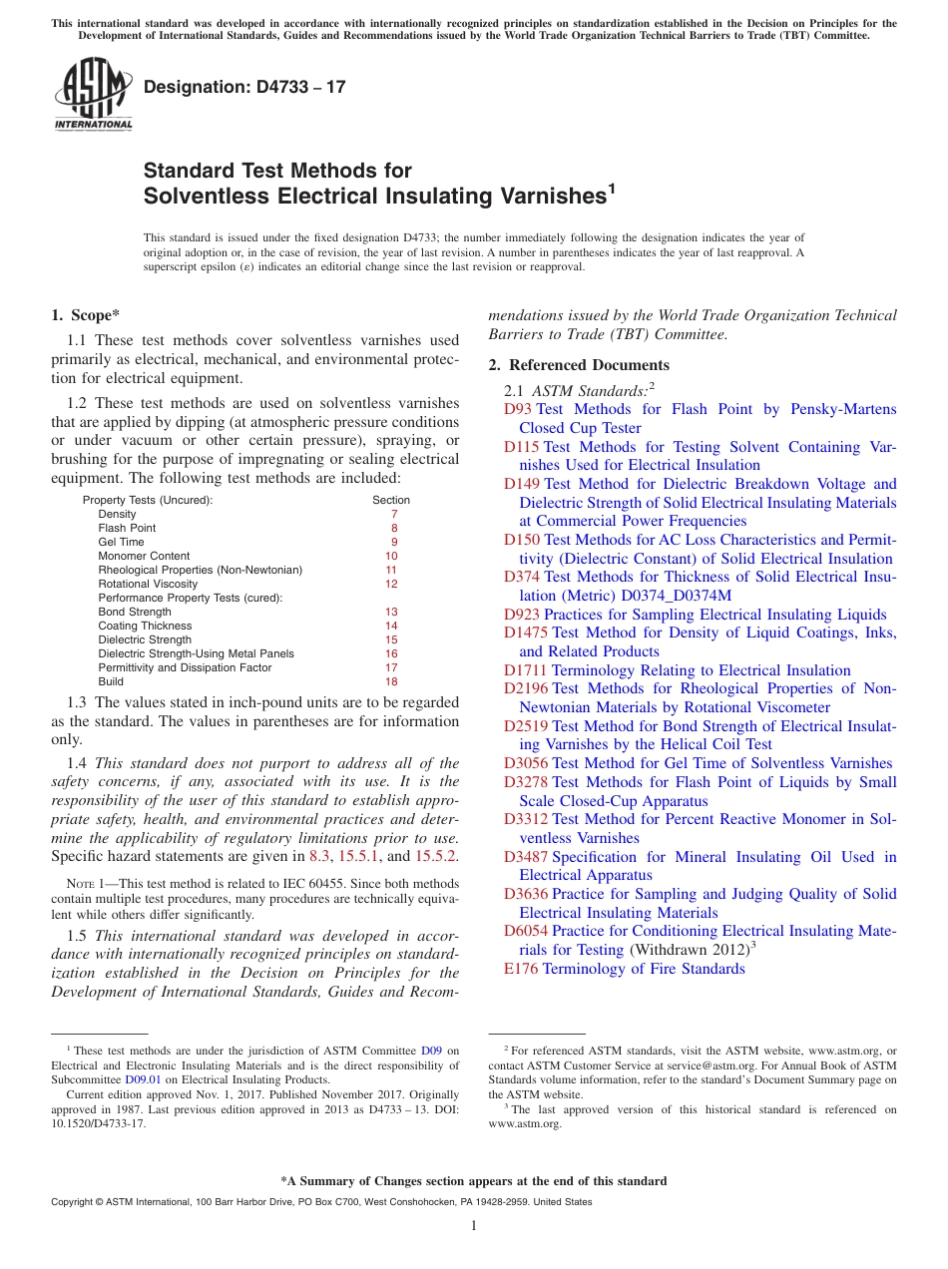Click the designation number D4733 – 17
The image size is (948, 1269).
click(x=244, y=87)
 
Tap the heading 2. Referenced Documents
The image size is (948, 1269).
click(x=579, y=365)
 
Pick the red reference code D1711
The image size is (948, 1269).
click(x=525, y=670)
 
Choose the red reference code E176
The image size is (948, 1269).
click(x=522, y=969)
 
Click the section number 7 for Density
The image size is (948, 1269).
click(x=394, y=514)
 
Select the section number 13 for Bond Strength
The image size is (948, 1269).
click(x=391, y=612)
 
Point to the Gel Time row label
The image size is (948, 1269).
click(x=121, y=542)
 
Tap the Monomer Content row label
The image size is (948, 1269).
click(x=144, y=556)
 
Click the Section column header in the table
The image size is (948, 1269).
click(x=391, y=500)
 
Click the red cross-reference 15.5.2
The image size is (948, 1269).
click(x=436, y=856)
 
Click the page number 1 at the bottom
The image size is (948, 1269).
click(x=474, y=1225)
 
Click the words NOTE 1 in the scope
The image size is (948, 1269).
click(x=85, y=884)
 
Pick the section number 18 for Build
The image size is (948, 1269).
click(x=391, y=681)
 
